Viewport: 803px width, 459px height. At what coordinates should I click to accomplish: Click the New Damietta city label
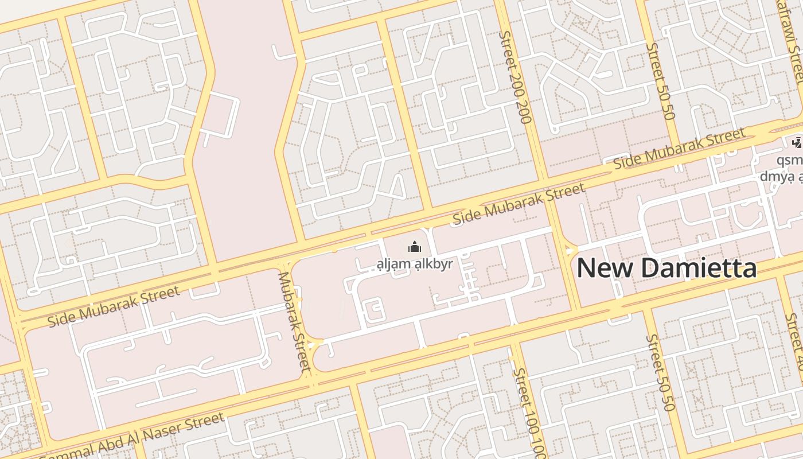[x=666, y=268]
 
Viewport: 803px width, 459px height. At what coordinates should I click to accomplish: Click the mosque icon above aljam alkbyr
[x=414, y=247]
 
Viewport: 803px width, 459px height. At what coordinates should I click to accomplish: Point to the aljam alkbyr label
[x=415, y=264]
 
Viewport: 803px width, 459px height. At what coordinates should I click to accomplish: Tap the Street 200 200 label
[x=516, y=77]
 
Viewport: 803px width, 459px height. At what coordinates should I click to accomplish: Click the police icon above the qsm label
[x=796, y=142]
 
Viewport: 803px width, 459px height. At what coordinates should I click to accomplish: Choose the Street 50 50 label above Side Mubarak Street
[x=661, y=80]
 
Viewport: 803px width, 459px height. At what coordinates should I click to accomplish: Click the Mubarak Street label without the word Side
[x=294, y=321]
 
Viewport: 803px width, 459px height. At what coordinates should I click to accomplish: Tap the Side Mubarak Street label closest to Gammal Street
[x=114, y=307]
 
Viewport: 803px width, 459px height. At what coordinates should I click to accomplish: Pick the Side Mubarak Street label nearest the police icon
[x=679, y=149]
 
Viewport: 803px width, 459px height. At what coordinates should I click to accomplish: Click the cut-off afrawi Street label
[x=794, y=40]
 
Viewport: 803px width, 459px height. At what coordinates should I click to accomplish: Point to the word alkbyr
[x=430, y=264]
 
